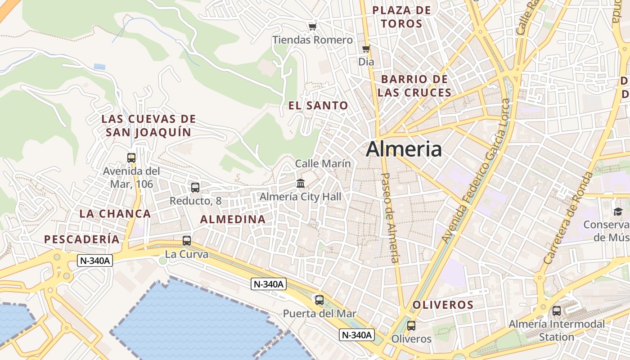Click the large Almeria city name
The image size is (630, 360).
(x=404, y=149)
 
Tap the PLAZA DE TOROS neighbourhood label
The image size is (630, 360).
(x=402, y=17)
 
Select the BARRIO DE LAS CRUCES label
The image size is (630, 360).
(x=414, y=86)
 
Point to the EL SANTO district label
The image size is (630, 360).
(x=318, y=106)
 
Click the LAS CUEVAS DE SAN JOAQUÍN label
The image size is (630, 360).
(x=148, y=126)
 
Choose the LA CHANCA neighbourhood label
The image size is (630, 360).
(x=115, y=214)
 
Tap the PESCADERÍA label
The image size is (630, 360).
(x=82, y=239)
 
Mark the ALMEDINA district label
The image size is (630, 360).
(x=233, y=220)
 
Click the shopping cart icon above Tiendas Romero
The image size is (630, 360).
(x=312, y=27)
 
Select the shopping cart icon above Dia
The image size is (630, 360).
(x=366, y=49)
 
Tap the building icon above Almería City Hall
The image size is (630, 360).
(x=301, y=183)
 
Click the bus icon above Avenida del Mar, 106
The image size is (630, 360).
(x=131, y=158)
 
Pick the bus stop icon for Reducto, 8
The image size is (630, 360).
(x=195, y=187)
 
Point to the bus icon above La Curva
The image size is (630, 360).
(x=187, y=241)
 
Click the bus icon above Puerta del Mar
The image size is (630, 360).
(x=319, y=300)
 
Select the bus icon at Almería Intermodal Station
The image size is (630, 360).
(x=557, y=310)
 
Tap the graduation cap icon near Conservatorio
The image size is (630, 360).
(x=618, y=211)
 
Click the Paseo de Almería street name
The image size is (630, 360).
(x=390, y=217)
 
